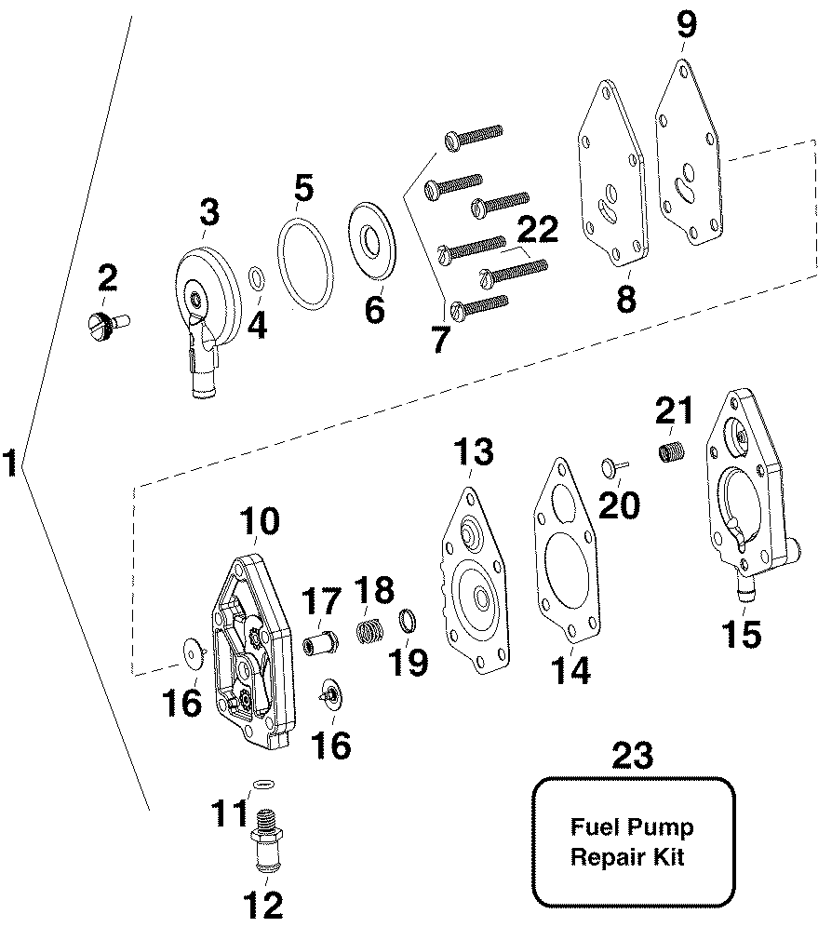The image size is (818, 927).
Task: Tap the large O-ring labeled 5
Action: [304, 262]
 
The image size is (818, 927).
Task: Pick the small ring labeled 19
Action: [408, 618]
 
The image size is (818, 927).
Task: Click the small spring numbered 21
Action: [666, 455]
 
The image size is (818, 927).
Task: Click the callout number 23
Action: [632, 755]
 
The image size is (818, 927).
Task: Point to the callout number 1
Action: [10, 463]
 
